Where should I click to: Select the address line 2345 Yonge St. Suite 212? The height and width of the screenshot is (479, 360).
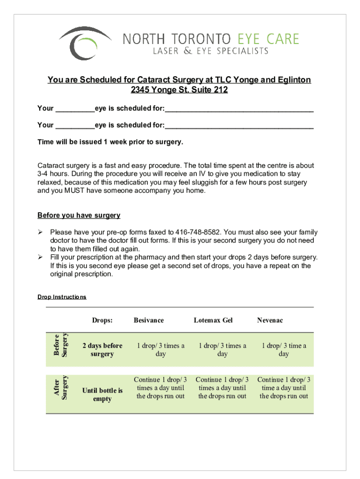pyautogui.click(x=179, y=90)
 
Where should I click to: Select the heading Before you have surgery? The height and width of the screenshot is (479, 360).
pyautogui.click(x=79, y=215)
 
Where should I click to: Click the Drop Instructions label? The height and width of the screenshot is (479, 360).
pyautogui.click(x=62, y=297)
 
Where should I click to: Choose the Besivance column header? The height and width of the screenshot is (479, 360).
pyautogui.click(x=149, y=320)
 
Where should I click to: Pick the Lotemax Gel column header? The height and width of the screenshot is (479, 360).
pyautogui.click(x=213, y=320)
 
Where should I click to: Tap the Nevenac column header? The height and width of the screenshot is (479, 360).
pyautogui.click(x=270, y=320)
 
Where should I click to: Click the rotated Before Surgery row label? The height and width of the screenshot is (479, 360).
pyautogui.click(x=61, y=345)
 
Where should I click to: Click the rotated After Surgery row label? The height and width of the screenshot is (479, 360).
pyautogui.click(x=61, y=388)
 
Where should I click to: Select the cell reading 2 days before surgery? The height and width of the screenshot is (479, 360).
pyautogui.click(x=102, y=350)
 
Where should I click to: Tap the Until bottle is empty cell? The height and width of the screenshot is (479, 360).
pyautogui.click(x=102, y=395)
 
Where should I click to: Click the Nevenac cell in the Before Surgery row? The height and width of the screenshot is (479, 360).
pyautogui.click(x=284, y=350)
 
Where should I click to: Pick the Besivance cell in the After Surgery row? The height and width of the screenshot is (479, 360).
pyautogui.click(x=160, y=388)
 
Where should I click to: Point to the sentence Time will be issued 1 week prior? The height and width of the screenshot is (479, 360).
pyautogui.click(x=110, y=142)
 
